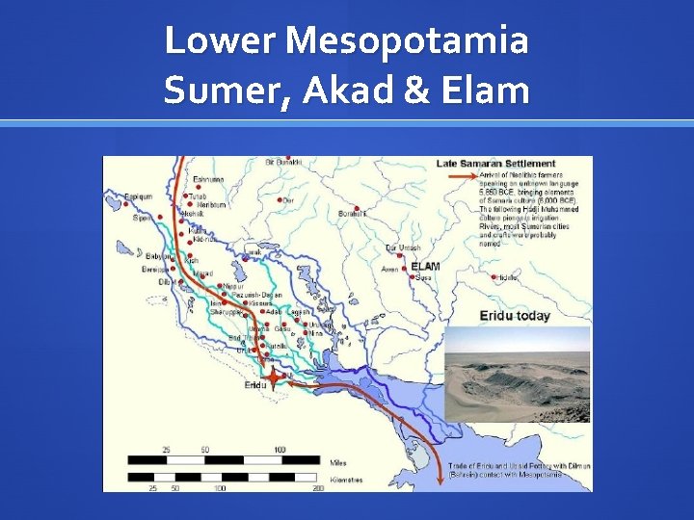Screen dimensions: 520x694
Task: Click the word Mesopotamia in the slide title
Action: point(408,41)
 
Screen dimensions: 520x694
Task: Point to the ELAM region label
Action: point(425,266)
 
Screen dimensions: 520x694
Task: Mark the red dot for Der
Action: point(279,200)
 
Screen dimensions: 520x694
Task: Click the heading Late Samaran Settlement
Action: point(495,163)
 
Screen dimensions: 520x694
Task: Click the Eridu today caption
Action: point(515,316)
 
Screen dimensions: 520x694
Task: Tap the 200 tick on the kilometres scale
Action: point(318,488)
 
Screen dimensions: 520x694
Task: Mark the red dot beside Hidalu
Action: point(493,277)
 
